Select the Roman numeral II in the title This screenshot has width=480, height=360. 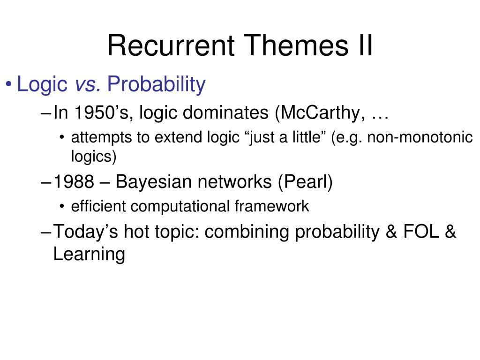365,45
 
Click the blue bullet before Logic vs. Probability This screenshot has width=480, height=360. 8,84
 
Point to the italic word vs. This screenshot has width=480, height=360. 88,84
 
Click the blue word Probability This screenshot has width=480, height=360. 156,84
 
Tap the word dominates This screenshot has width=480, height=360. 225,112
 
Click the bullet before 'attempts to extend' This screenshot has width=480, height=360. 62,137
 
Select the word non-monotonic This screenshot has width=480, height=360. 420,137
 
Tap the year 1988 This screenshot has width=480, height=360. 74,181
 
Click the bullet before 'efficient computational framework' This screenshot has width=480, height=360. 62,207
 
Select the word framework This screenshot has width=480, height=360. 272,206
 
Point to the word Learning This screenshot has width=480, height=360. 89,255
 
